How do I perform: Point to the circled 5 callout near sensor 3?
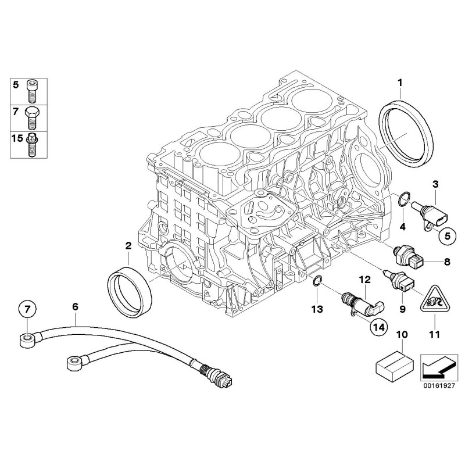coord(446,235)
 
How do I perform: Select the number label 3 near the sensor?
coord(435,184)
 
